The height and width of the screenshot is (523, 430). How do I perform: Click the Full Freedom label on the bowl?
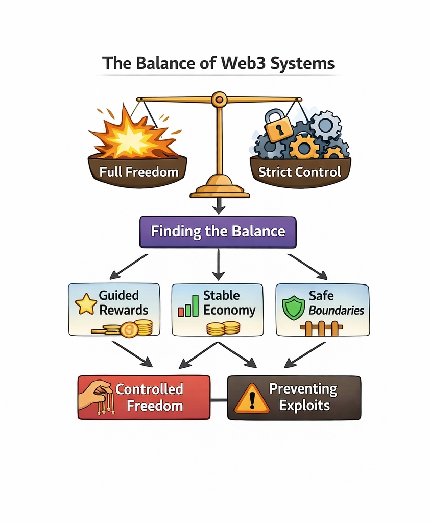(x=139, y=172)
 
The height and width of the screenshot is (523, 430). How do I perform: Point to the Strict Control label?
(x=299, y=172)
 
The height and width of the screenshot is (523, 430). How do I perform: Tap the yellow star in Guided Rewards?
(x=85, y=304)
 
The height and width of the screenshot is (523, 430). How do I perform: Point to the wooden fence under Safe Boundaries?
(x=321, y=328)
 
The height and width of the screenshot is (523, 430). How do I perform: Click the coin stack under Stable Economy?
(x=223, y=328)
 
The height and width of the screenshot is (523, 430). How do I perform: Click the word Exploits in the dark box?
(x=304, y=406)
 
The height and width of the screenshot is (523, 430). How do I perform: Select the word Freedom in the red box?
(x=155, y=406)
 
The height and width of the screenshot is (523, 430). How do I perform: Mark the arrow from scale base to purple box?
(x=219, y=205)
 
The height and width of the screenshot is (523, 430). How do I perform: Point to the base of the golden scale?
(x=220, y=189)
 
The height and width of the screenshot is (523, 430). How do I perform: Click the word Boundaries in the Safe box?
(x=336, y=310)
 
